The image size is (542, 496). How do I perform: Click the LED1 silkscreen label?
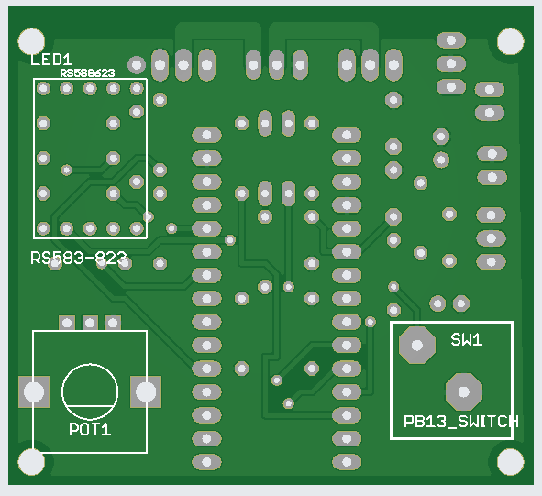(51, 60)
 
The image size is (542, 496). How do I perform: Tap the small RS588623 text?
(87, 73)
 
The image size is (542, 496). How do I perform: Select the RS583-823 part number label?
(79, 259)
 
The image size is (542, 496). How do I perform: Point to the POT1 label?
(90, 430)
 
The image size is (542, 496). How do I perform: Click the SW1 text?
(467, 340)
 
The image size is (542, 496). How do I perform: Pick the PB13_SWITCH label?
(461, 422)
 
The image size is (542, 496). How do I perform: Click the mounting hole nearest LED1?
(31, 41)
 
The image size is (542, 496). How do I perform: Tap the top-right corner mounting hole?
(511, 41)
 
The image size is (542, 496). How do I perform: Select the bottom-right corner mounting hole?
(511, 462)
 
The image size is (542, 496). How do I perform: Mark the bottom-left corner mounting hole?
(31, 462)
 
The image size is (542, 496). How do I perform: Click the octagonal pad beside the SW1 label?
(417, 345)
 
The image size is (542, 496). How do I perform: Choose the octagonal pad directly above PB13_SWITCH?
(464, 392)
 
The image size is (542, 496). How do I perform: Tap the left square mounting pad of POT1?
(34, 392)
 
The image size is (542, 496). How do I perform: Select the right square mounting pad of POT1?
(146, 392)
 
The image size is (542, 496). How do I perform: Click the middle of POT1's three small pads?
(90, 323)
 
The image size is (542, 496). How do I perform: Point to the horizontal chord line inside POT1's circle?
(90, 406)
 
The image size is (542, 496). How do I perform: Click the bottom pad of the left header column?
(206, 462)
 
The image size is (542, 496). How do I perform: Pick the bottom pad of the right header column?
(347, 462)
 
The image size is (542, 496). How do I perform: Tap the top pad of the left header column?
(206, 135)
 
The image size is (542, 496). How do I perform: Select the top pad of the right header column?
(347, 135)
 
